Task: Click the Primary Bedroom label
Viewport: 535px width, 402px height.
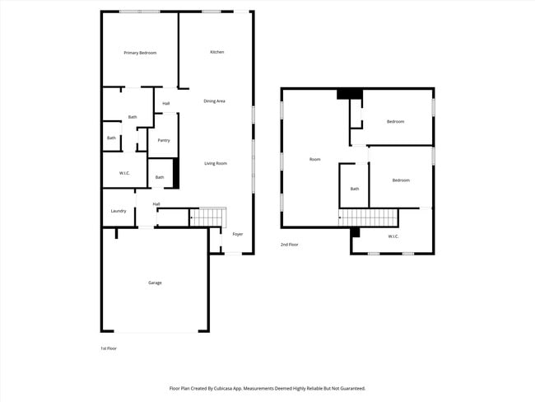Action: click(x=140, y=53)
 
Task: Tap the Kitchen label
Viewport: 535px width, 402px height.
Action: click(x=216, y=52)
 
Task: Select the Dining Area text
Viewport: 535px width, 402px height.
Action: click(x=215, y=100)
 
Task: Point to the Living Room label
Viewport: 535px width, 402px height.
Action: click(x=216, y=163)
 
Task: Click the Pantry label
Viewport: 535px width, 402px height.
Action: click(x=164, y=140)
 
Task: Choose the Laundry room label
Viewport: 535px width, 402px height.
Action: click(x=119, y=211)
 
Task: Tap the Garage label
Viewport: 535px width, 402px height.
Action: click(x=155, y=283)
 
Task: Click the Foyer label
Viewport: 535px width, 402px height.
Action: click(x=238, y=234)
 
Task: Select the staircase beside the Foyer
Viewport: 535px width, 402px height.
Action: click(x=207, y=217)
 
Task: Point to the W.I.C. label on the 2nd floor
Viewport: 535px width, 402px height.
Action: click(x=393, y=236)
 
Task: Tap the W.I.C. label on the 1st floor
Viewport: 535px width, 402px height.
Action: click(x=124, y=173)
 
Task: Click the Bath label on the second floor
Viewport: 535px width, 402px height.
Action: click(x=355, y=189)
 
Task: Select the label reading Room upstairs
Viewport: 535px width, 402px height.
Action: click(x=315, y=159)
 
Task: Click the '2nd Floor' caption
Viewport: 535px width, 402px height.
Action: click(x=290, y=245)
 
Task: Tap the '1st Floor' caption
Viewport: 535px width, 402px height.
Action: click(x=109, y=348)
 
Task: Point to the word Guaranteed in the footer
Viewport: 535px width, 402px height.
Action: click(x=348, y=388)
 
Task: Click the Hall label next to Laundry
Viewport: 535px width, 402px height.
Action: click(x=156, y=204)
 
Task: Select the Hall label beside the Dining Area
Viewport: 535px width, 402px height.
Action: click(x=166, y=103)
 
